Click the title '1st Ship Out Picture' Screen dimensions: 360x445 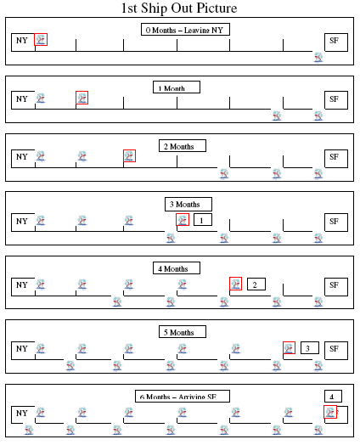pos(179,8)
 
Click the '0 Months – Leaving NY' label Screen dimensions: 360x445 pos(185,30)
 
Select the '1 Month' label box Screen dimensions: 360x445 pos(177,87)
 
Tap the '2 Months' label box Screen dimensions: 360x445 pos(183,145)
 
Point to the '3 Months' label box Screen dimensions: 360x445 pos(188,204)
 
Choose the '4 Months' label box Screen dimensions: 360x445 pos(177,268)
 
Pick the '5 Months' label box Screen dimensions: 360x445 pos(183,331)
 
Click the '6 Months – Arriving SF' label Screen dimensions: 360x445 pos(183,397)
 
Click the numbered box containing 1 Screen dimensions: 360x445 pos(203,220)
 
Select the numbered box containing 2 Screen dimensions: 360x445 pos(256,284)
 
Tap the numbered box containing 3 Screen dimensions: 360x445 pos(310,347)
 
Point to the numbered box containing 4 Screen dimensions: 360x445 pos(334,397)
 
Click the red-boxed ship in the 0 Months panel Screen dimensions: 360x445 pos(41,39)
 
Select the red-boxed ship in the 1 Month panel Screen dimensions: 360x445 pos(82,98)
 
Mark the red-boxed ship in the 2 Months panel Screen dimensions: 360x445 pos(129,155)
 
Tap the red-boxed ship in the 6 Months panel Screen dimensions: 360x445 pos(330,412)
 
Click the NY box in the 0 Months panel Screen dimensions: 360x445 pos(23,42)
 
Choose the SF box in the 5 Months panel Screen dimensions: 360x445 pos(336,351)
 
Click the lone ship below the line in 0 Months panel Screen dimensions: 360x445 pos(318,58)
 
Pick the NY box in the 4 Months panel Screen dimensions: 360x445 pos(23,287)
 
